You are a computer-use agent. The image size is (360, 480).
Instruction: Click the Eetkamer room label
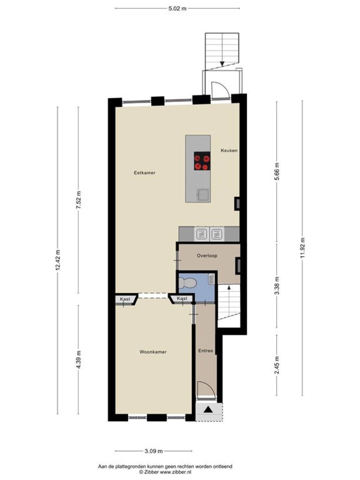145,173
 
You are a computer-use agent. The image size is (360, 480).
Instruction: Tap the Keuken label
229,151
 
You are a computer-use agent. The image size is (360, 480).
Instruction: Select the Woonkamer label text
153,352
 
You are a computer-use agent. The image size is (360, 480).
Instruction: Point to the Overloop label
207,256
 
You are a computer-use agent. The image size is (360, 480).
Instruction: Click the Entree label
205,350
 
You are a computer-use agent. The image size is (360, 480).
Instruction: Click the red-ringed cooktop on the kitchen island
202,161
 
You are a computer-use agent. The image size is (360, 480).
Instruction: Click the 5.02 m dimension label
177,8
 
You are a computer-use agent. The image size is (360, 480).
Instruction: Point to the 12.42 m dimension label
58,260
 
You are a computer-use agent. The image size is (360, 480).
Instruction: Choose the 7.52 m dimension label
79,200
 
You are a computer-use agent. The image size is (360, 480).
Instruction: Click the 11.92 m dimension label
302,248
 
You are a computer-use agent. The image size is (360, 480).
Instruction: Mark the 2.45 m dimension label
277,365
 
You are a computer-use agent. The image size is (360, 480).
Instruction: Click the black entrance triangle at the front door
208,409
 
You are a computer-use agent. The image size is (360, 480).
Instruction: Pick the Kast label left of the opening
125,299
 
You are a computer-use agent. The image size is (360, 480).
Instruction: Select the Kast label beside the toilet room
182,298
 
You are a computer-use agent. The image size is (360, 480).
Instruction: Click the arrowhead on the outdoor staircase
222,64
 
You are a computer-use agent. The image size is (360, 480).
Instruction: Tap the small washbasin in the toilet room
211,279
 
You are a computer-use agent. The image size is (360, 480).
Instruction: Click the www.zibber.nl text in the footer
175,472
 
